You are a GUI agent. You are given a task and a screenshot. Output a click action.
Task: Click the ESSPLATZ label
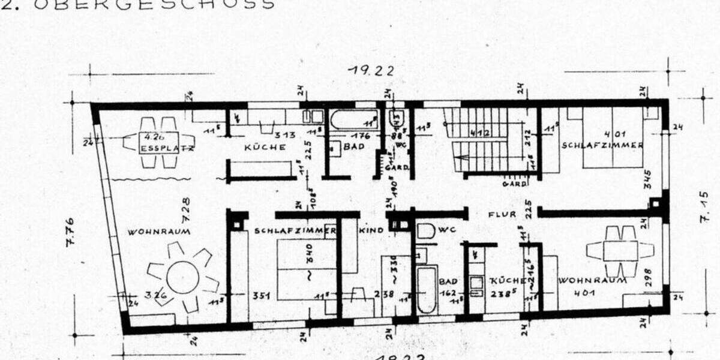[159, 148]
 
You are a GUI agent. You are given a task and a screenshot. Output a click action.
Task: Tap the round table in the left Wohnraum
[182, 277]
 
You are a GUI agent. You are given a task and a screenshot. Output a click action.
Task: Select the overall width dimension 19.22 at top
[372, 71]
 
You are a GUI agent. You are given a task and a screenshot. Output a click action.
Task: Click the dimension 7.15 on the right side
[704, 207]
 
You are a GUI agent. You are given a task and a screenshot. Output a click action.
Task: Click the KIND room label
[371, 230]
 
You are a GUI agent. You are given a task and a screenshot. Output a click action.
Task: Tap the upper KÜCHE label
[265, 148]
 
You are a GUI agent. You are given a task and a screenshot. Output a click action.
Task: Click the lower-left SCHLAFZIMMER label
[294, 230]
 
